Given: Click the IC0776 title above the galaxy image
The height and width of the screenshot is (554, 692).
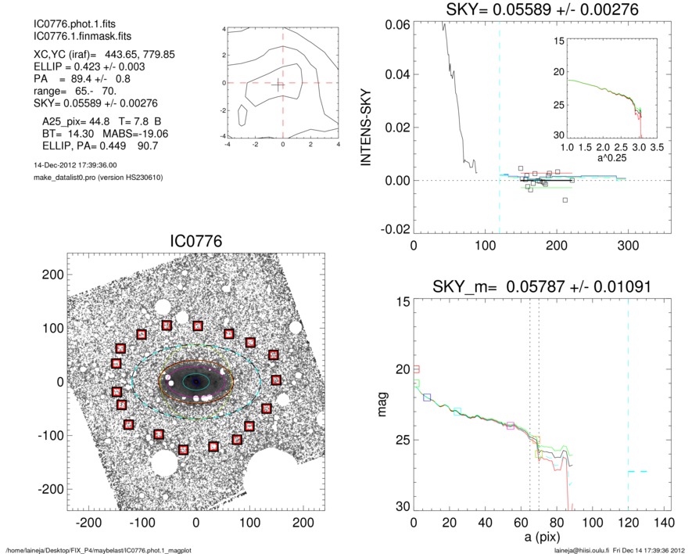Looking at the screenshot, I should (195, 242).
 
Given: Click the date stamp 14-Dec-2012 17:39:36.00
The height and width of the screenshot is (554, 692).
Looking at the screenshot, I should (75, 165).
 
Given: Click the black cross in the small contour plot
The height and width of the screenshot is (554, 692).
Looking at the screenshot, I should (278, 84).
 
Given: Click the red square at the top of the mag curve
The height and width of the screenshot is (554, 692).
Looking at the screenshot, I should (417, 369).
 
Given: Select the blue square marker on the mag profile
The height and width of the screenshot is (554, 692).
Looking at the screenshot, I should (427, 398).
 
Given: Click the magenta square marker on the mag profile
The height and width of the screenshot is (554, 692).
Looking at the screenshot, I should (511, 426).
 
